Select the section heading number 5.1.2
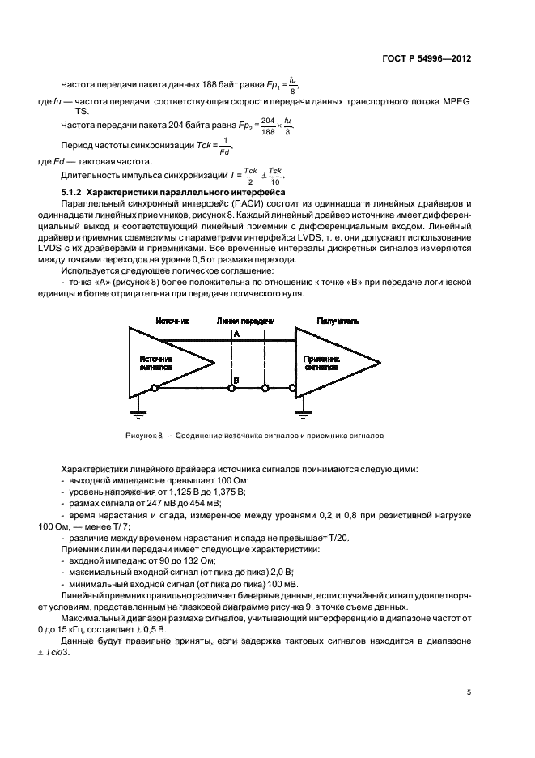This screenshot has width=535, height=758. point(73,192)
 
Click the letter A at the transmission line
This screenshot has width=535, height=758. point(236,334)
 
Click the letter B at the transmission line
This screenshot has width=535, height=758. point(236,379)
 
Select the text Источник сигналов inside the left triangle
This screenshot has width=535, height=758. point(155,362)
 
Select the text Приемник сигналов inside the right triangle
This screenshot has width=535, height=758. point(321,362)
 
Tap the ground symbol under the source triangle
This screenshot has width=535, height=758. point(139,413)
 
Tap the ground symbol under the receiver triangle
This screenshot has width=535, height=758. point(304,413)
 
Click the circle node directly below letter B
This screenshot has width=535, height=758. point(231,390)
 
